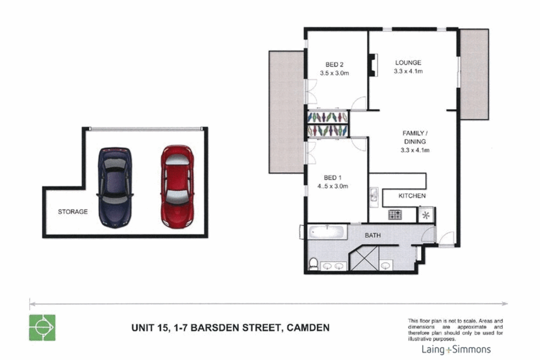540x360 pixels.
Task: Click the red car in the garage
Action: pos(177,187)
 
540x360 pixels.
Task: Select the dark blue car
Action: pos(115,188)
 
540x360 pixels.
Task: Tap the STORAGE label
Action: pos(73,211)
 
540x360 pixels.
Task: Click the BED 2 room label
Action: pos(334,65)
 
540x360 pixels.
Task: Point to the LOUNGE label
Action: pos(408,63)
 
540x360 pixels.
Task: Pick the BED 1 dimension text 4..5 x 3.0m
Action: pos(333,186)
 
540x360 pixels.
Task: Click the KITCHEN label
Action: pos(412,196)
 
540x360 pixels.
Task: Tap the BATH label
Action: pos(373,235)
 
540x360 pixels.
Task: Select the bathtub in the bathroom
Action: pos(327,232)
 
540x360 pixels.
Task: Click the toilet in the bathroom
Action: pos(313,264)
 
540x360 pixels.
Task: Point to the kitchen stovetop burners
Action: pos(395,214)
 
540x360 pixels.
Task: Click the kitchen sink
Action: pos(374,197)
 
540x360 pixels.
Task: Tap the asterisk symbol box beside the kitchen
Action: pos(426,215)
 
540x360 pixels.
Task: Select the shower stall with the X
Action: pos(364,258)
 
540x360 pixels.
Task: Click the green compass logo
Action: pos(42,328)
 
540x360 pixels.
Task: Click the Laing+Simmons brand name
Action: pos(456,350)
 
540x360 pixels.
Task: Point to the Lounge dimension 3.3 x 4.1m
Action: pos(408,72)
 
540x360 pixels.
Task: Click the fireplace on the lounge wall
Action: pos(373,65)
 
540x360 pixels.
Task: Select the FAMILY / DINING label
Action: pos(415,137)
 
